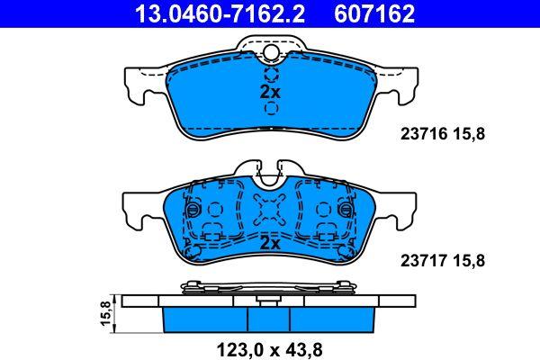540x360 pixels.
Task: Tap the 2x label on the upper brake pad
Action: tap(270, 92)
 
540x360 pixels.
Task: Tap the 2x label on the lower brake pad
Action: tap(270, 243)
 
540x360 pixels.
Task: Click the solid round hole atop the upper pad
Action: tap(270, 53)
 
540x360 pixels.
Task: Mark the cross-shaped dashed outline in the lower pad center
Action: tap(270, 211)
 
